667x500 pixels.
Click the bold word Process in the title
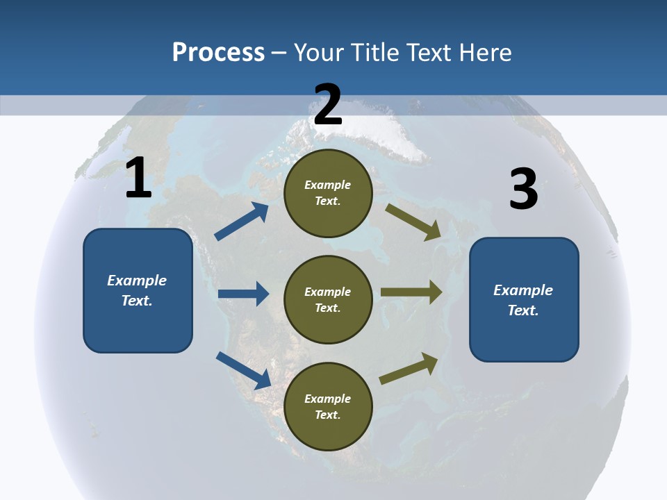(218, 52)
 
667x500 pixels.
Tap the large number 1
(138, 178)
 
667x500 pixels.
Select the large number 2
(328, 103)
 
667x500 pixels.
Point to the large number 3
(524, 190)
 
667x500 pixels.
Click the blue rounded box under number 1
(138, 290)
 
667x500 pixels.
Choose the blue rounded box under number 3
(524, 299)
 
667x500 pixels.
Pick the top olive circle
(328, 193)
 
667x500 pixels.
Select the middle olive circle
(328, 299)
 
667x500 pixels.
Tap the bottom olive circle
(328, 406)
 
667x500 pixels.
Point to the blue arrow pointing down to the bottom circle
(243, 369)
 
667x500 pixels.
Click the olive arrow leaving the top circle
(414, 222)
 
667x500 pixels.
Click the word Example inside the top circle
(328, 185)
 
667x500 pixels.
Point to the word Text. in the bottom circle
(328, 415)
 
